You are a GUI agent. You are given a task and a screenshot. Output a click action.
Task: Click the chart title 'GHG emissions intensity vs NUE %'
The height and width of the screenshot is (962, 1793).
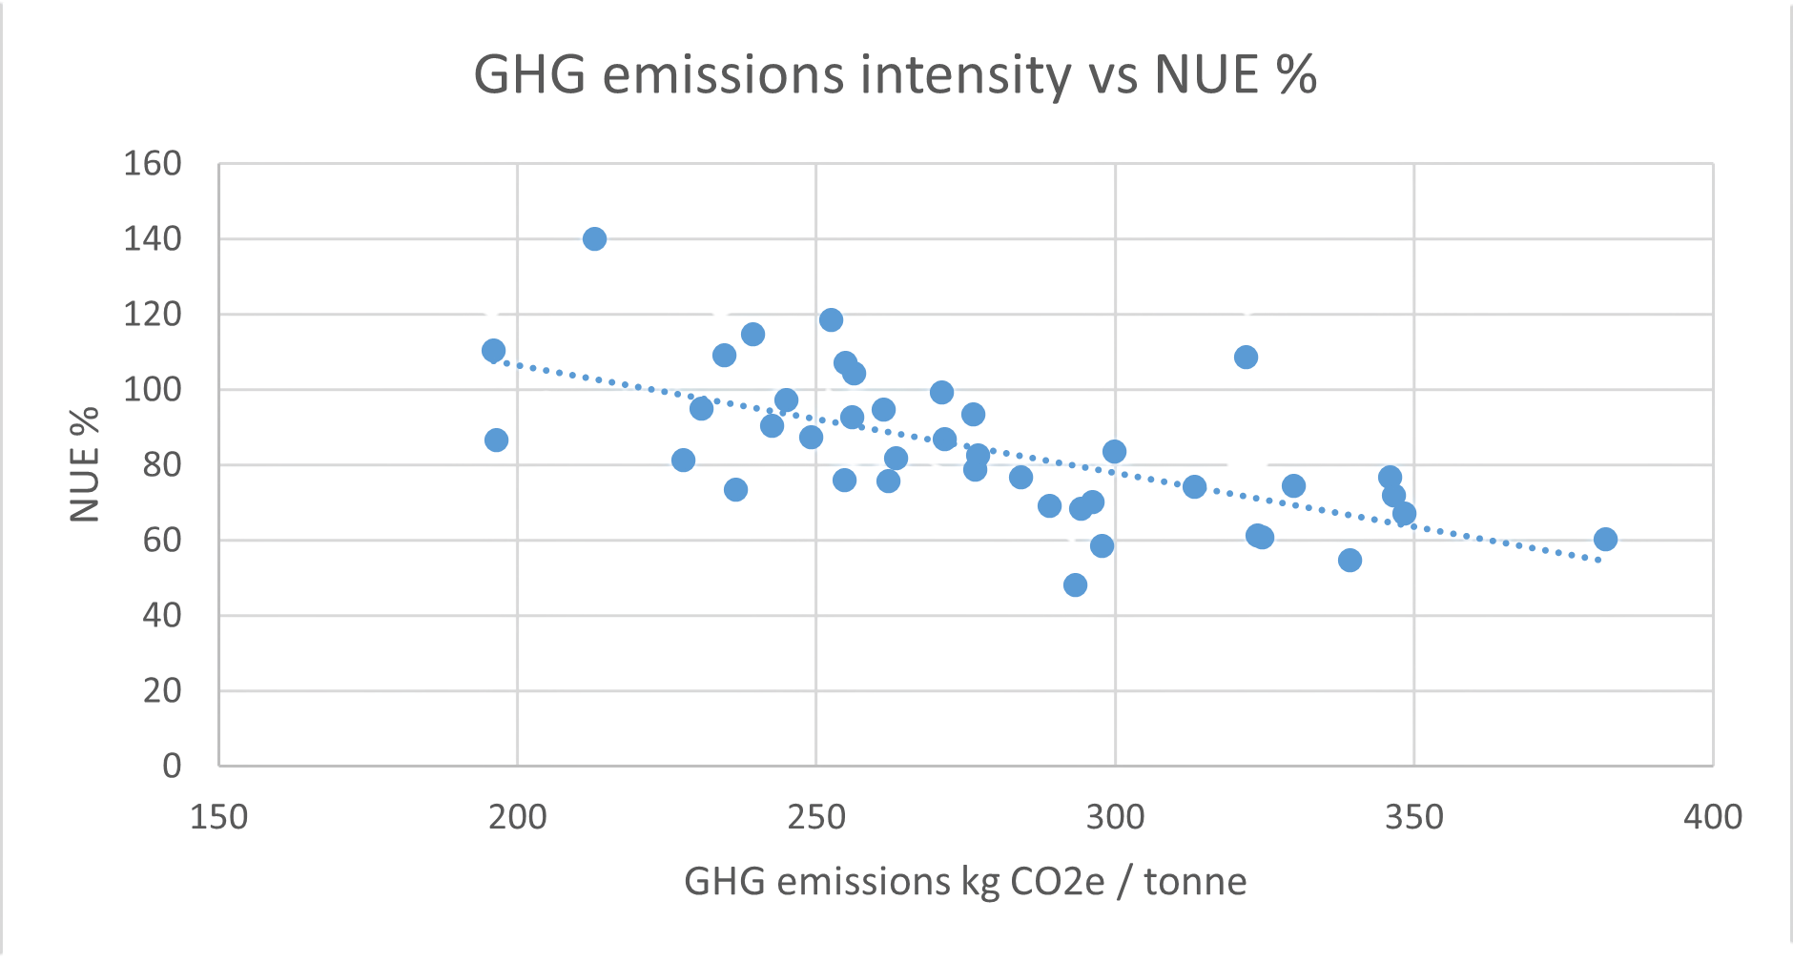coord(895,75)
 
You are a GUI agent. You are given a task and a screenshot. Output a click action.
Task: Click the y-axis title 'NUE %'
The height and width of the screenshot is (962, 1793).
coord(86,464)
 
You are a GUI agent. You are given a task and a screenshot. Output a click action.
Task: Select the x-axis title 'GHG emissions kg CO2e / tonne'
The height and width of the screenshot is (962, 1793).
coord(965,882)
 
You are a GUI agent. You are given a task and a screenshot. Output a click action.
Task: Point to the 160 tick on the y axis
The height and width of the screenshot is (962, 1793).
coord(153,164)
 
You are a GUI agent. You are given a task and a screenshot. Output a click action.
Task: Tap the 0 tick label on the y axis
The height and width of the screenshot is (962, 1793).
coord(172,766)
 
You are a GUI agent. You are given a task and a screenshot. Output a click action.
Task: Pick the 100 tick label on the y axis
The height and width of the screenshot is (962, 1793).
coord(153,390)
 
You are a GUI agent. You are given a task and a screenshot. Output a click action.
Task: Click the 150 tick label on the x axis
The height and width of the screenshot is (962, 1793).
coord(218,817)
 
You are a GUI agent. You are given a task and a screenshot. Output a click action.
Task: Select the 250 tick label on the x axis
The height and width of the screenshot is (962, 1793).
coord(816,817)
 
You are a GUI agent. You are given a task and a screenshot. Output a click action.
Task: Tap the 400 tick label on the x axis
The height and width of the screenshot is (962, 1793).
coord(1713,817)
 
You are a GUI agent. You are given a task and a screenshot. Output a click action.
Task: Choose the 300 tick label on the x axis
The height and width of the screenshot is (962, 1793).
coord(1115,817)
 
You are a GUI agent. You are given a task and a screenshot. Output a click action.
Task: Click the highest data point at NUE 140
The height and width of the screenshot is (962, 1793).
coord(594,238)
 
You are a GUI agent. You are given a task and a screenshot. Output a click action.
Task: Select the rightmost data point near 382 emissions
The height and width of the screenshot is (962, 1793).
coord(1605,540)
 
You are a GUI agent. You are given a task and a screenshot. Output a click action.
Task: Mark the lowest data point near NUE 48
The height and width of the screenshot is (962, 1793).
coord(1075,584)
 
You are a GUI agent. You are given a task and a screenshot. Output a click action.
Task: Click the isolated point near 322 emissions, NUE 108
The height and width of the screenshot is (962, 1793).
coord(1246,358)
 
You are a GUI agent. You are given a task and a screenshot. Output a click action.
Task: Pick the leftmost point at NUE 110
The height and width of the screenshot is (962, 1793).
coord(493,351)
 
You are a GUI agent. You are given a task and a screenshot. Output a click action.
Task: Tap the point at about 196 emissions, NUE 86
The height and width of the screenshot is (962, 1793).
coord(496,440)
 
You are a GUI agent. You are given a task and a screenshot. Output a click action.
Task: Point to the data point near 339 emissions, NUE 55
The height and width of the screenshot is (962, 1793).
coord(1350,560)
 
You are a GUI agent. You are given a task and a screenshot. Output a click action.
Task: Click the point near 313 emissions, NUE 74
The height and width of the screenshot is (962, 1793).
coord(1194,487)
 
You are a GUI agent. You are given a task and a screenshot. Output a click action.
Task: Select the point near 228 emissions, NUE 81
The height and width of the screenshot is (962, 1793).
coord(683,461)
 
